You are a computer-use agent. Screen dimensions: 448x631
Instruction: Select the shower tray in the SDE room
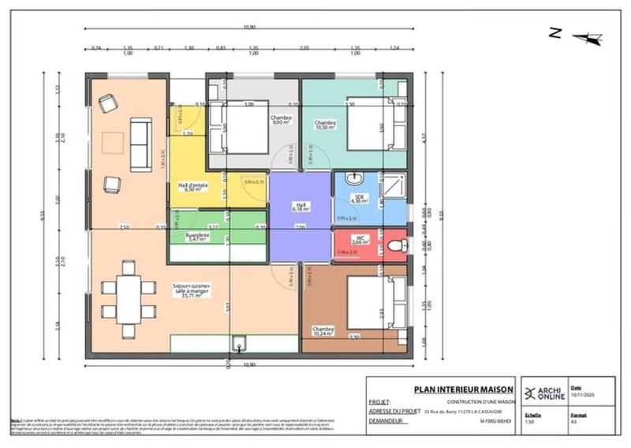[394, 186]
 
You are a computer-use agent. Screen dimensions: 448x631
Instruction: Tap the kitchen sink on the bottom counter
[239, 344]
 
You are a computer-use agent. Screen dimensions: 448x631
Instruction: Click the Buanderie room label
[196, 236]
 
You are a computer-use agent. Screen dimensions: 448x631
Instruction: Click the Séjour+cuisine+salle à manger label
[197, 291]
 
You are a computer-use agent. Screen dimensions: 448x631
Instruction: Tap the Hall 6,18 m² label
[299, 207]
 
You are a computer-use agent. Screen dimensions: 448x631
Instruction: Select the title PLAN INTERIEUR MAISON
[464, 389]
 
